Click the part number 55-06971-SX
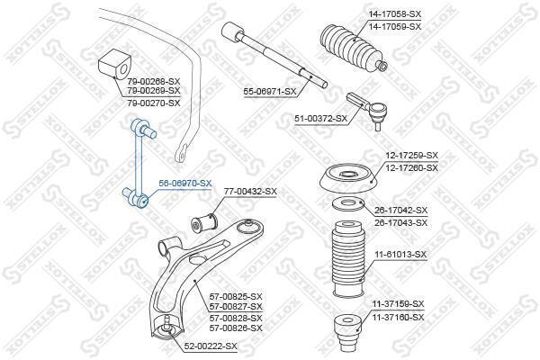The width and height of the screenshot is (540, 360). pos(270,92)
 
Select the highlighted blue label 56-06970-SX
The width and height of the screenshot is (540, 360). pos(184,184)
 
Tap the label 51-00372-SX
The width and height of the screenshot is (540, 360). pos(320,119)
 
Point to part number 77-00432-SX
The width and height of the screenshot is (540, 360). pos(250,191)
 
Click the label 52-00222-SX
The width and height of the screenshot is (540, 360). pos(211,346)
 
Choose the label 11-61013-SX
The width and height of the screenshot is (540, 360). pos(400,255)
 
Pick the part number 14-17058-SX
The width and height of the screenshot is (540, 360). pos(395,14)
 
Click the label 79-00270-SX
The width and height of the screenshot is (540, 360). pos(154,103)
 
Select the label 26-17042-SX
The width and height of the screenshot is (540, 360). pos(400,210)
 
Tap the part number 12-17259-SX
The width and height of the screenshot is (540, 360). pos(412,156)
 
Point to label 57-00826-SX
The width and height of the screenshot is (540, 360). pos(236,328)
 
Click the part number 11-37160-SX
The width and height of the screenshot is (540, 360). pos(398,317)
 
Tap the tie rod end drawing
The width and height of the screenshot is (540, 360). pos(367,110)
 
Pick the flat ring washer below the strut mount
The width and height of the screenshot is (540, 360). pos(347,204)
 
